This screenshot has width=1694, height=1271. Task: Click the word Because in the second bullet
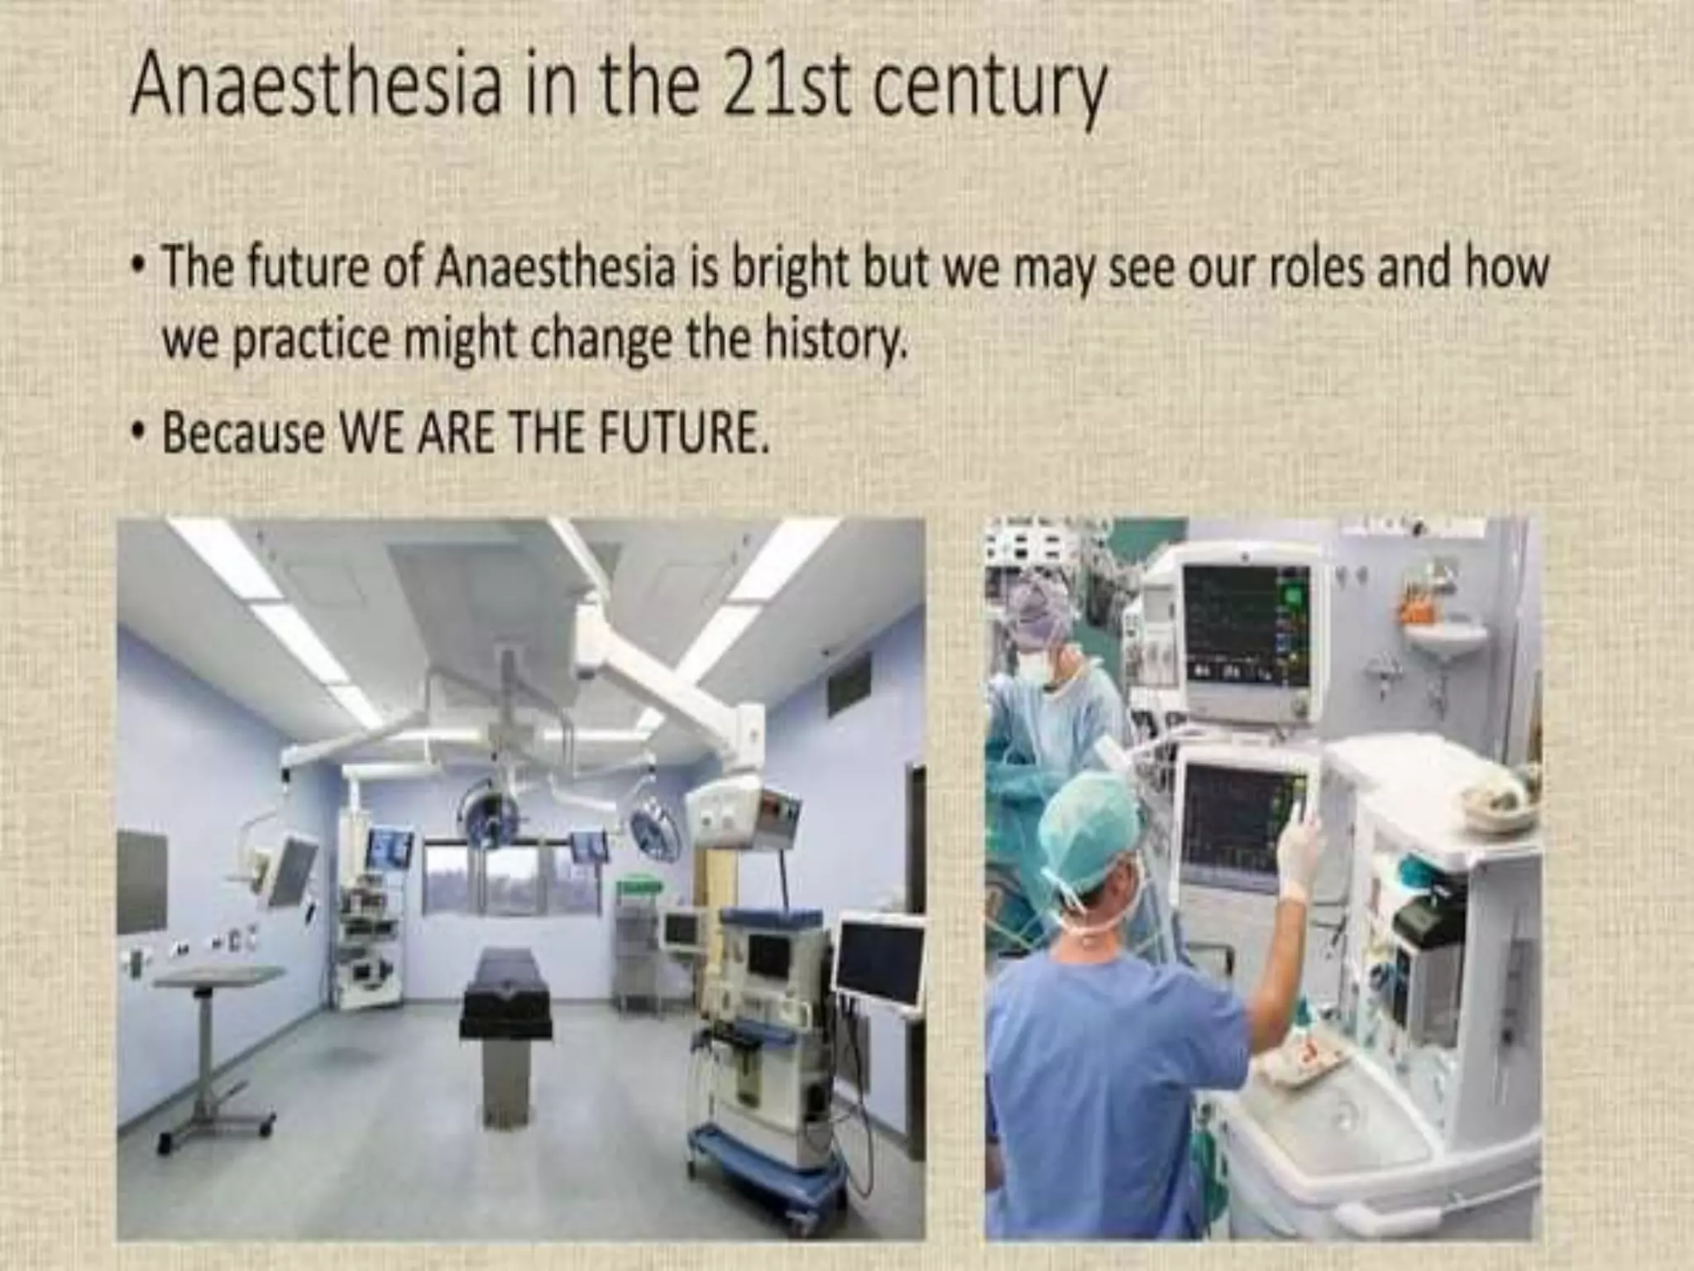(x=243, y=432)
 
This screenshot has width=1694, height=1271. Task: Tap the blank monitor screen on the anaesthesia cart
(x=879, y=964)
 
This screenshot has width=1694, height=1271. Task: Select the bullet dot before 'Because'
(x=141, y=432)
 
